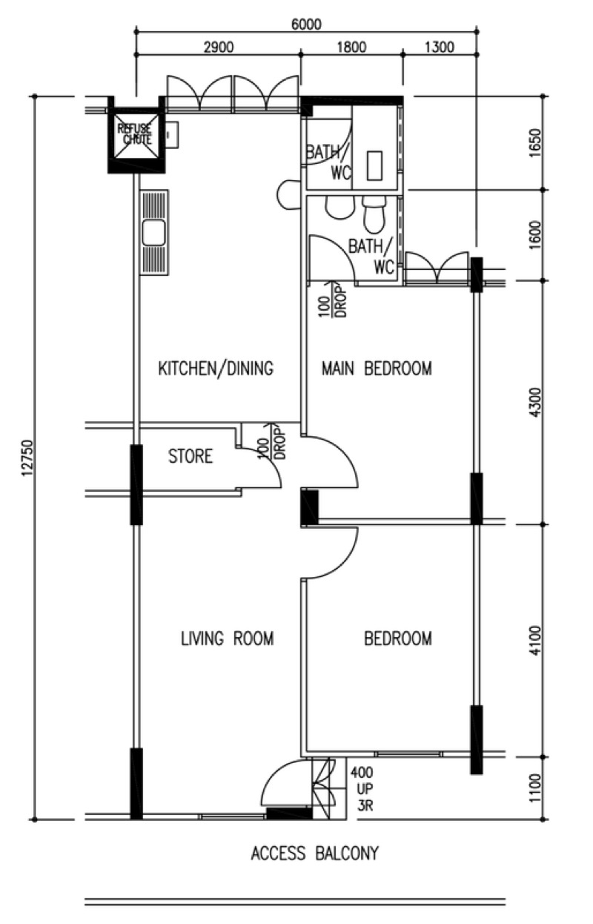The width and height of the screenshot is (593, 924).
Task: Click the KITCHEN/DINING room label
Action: (216, 368)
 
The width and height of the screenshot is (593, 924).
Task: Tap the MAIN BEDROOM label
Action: (377, 368)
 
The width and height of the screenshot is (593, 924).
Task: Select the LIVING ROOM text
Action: (228, 638)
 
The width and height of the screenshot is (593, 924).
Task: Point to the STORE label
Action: (191, 456)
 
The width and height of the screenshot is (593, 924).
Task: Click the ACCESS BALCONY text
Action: (314, 853)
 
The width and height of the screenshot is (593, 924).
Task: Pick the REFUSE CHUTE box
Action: (136, 134)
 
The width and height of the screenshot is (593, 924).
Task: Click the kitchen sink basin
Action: (154, 233)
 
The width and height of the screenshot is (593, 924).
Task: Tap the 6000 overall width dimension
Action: (306, 24)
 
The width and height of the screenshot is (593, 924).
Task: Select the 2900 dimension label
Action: (219, 47)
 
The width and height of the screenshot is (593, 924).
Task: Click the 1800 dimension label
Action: (351, 47)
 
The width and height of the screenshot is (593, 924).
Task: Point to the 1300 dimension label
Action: (439, 47)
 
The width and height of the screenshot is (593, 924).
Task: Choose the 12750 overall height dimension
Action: (27, 458)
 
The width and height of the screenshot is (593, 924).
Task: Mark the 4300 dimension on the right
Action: (536, 402)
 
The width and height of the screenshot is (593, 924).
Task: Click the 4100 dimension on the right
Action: (536, 641)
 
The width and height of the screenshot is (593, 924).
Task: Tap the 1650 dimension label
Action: (536, 142)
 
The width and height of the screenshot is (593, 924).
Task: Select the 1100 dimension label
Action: (536, 788)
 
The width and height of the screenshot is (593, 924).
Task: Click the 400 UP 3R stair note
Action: (362, 788)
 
